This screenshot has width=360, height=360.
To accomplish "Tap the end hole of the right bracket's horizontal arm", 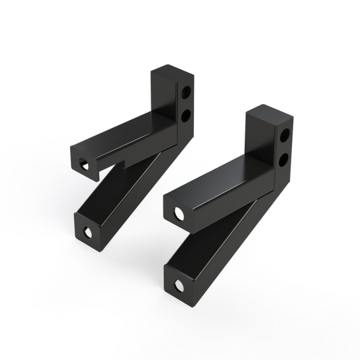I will point(179,213).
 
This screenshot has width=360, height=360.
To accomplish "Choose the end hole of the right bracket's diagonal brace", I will point(179,285).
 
